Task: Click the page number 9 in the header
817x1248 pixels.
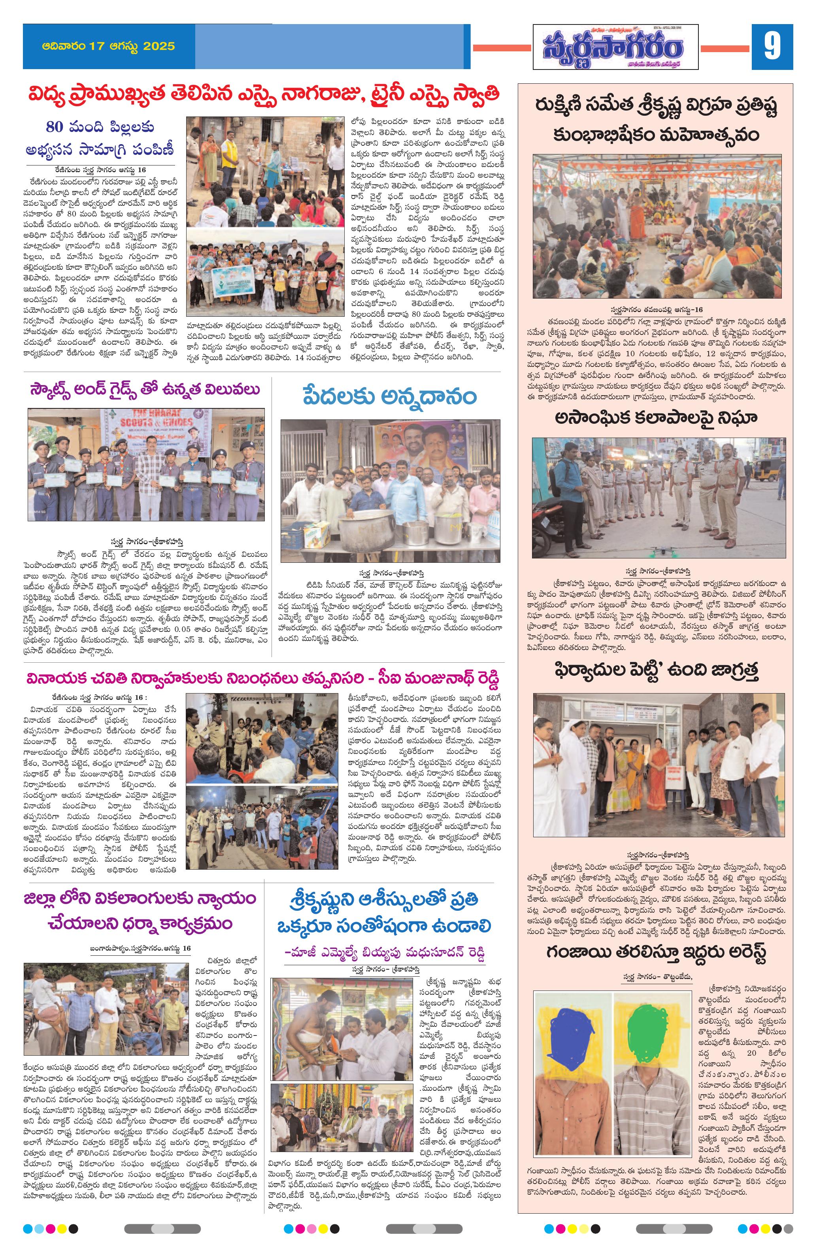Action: click(772, 47)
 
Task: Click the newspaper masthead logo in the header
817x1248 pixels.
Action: click(615, 47)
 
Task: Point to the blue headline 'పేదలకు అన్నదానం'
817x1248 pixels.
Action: click(389, 397)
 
